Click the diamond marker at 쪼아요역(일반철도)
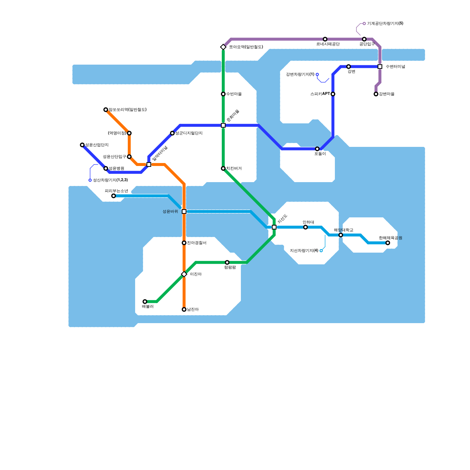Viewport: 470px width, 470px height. (x=223, y=47)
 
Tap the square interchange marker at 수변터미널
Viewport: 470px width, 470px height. (x=380, y=67)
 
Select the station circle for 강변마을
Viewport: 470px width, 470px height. (x=376, y=94)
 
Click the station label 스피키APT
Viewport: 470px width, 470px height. (x=320, y=94)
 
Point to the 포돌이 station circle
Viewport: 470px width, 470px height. (x=317, y=149)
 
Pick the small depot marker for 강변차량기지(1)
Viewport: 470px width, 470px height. (x=317, y=75)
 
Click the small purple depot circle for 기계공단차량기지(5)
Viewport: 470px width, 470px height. (x=364, y=23)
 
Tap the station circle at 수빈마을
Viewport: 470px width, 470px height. (x=223, y=94)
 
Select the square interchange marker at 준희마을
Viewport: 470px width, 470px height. (x=223, y=125)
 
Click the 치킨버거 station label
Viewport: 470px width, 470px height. (x=234, y=169)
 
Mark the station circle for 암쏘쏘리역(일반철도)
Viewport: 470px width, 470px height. (x=106, y=110)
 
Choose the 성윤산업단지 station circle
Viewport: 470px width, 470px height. (x=82, y=145)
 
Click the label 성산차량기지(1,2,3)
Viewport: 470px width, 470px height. (x=110, y=180)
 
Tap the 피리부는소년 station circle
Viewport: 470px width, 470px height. (x=114, y=196)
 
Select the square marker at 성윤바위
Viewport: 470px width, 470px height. (x=184, y=211)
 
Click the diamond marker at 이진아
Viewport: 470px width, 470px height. (x=184, y=274)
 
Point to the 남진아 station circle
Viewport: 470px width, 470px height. (x=184, y=309)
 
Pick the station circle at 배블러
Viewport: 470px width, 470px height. (x=145, y=302)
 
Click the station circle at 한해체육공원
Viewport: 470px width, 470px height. (x=388, y=243)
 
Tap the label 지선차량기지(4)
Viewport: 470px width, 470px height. (x=304, y=251)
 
